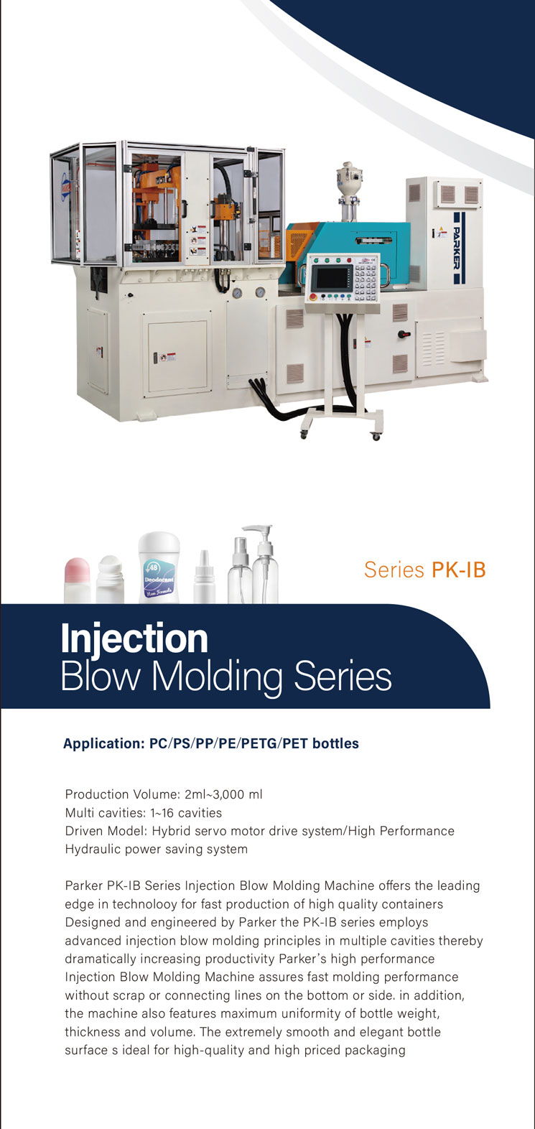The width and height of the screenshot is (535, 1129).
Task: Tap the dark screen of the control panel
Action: [334, 279]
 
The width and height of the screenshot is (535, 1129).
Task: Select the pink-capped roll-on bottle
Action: [77, 580]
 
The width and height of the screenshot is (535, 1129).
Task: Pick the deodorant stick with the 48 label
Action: [159, 567]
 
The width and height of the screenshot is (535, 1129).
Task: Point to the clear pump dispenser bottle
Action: [264, 564]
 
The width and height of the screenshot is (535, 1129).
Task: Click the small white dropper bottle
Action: [205, 577]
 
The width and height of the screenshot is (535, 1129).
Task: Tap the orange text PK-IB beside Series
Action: [458, 570]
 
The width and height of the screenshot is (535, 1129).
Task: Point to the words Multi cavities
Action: [104, 813]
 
